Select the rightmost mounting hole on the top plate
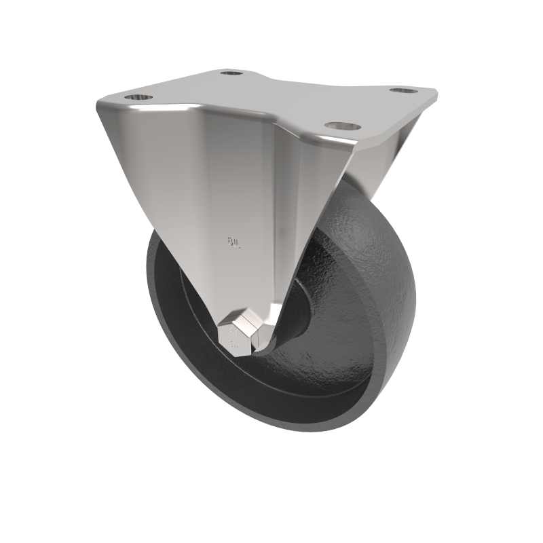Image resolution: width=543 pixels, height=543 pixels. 404,90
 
